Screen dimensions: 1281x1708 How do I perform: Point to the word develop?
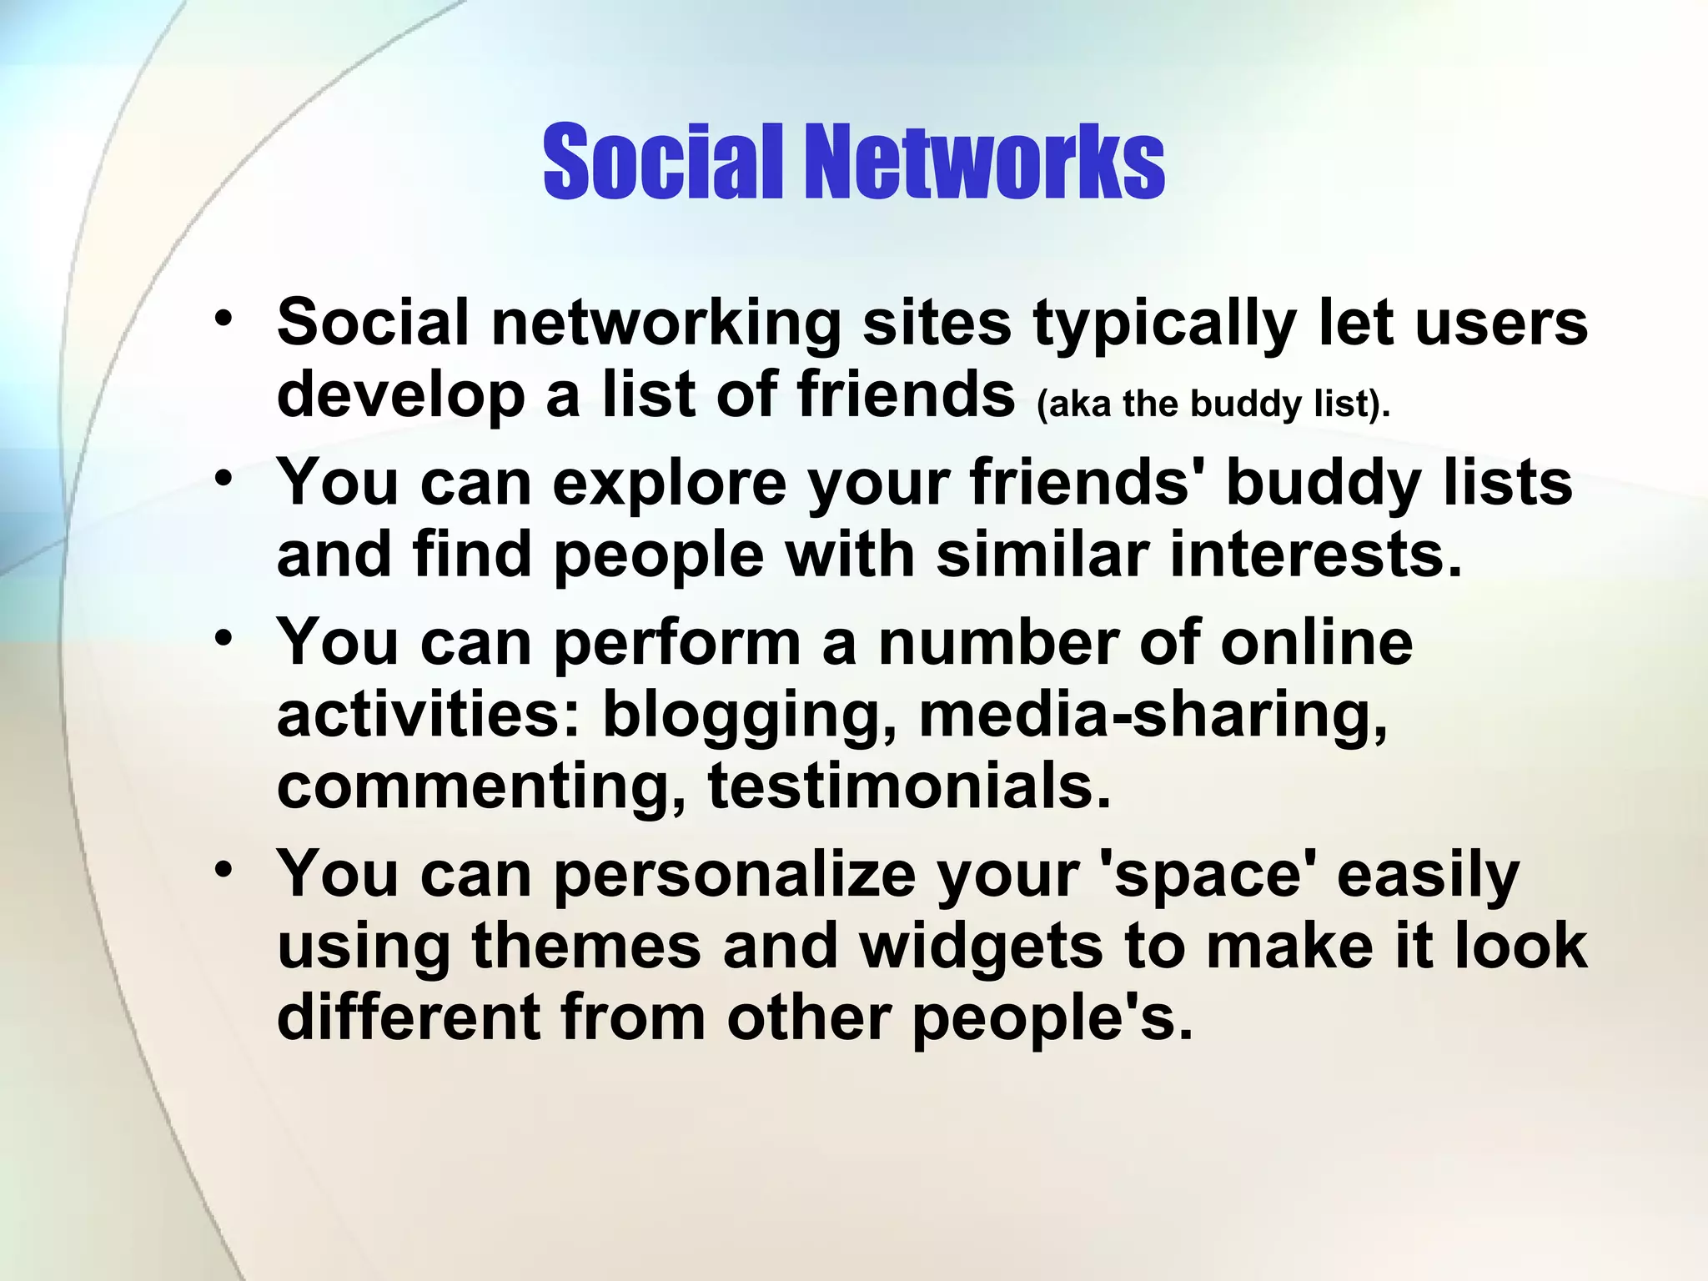(400, 397)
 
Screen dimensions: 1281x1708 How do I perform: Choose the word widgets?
(981, 947)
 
